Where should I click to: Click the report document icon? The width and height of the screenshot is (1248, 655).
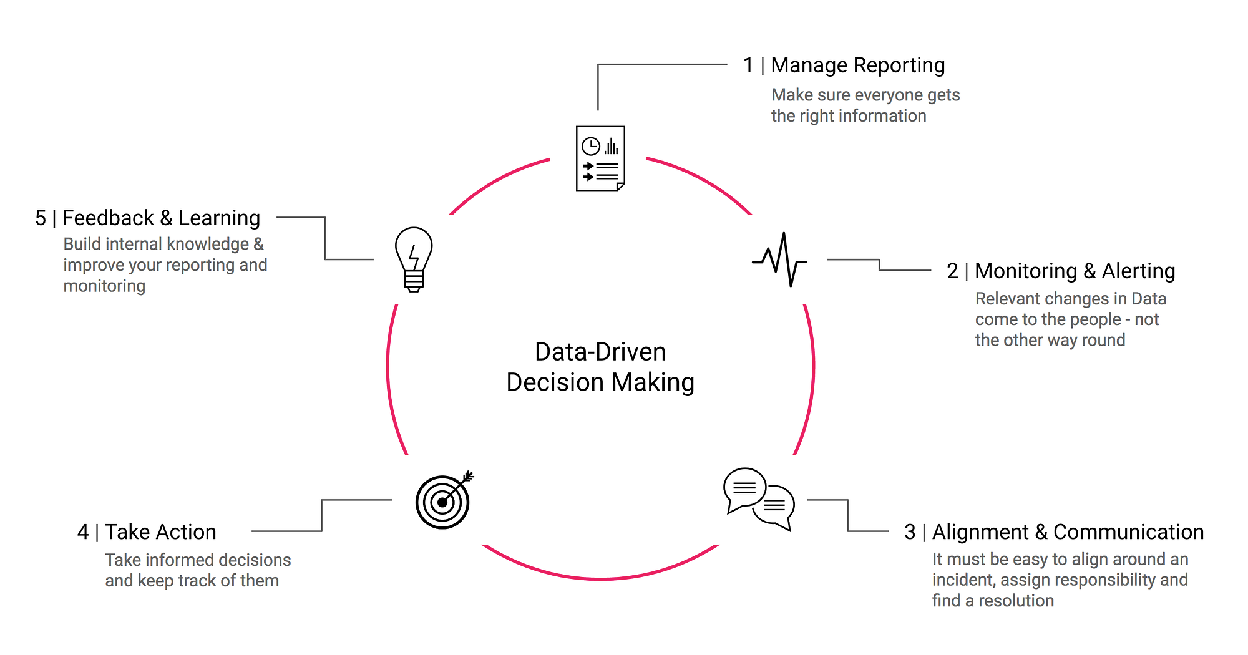tap(600, 158)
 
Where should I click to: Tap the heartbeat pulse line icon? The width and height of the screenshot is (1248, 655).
tap(779, 260)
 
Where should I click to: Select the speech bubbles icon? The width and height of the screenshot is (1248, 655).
tap(759, 499)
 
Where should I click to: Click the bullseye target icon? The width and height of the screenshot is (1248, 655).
tap(442, 502)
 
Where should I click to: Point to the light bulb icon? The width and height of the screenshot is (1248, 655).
tap(414, 259)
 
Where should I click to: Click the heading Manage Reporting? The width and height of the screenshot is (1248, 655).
tap(857, 65)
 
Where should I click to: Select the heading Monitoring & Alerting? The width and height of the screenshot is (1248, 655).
tap(1075, 271)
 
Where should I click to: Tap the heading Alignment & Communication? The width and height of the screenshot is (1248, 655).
tap(1068, 532)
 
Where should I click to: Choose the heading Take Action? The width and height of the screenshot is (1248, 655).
tap(160, 532)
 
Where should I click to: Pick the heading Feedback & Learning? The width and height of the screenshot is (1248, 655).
tap(161, 218)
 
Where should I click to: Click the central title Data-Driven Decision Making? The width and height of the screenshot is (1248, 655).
tap(600, 367)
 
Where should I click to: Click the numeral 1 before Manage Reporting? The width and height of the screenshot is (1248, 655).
tap(748, 65)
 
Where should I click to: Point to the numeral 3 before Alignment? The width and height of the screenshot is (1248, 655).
tap(910, 532)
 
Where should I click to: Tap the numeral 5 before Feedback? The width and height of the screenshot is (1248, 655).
tap(41, 218)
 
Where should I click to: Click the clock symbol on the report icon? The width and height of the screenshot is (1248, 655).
tap(590, 147)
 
